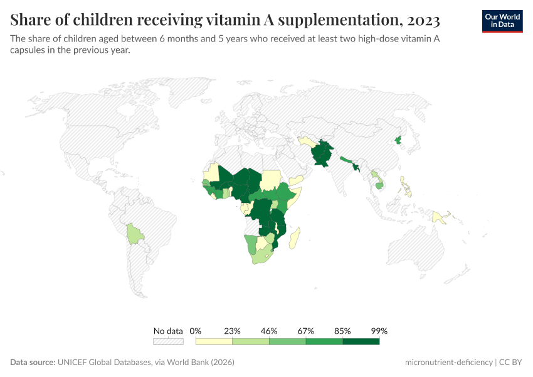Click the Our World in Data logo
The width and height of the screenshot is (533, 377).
click(x=502, y=21)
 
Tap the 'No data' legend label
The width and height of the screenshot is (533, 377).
click(x=168, y=331)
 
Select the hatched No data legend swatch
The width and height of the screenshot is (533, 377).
click(x=168, y=341)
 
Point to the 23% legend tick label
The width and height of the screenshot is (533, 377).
click(x=233, y=331)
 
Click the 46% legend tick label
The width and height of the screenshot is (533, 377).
click(x=269, y=331)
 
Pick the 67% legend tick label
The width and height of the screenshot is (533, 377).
click(x=306, y=331)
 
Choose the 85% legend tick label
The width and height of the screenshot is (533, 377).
click(x=343, y=331)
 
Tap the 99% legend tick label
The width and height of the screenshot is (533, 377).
click(x=379, y=331)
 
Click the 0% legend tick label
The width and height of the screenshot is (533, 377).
click(x=196, y=331)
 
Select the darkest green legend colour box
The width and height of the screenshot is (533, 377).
click(x=361, y=341)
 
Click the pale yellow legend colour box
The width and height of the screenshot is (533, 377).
click(x=214, y=341)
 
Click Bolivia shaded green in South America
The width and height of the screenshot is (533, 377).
click(x=134, y=234)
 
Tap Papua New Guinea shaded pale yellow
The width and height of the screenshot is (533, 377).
click(x=439, y=217)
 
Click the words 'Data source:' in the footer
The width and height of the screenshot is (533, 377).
click(x=33, y=363)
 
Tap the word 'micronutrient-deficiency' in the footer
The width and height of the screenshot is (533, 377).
click(x=448, y=363)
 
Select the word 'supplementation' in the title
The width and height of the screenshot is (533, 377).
click(x=337, y=20)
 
